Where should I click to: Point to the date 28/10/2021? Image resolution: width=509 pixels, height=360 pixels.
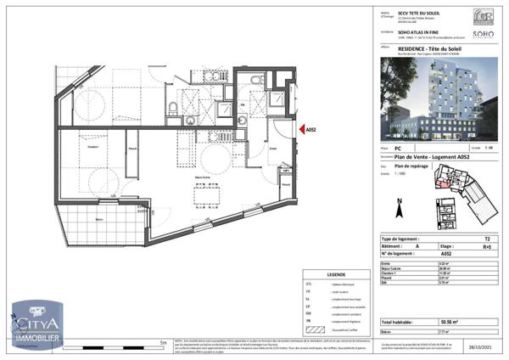point(484,347)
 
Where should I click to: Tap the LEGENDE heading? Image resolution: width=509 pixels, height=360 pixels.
point(336,274)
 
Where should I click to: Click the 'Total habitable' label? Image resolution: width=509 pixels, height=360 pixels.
point(399,323)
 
